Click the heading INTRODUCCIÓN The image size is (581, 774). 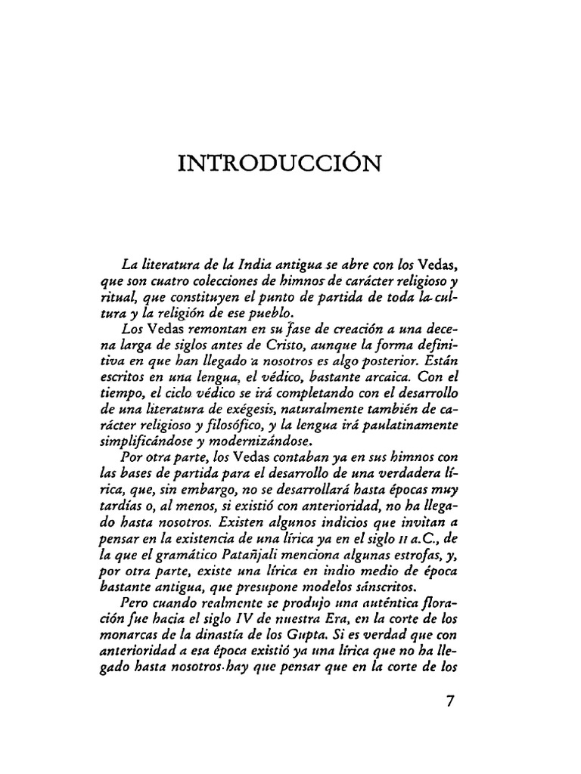(278, 163)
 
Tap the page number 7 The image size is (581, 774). (451, 701)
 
